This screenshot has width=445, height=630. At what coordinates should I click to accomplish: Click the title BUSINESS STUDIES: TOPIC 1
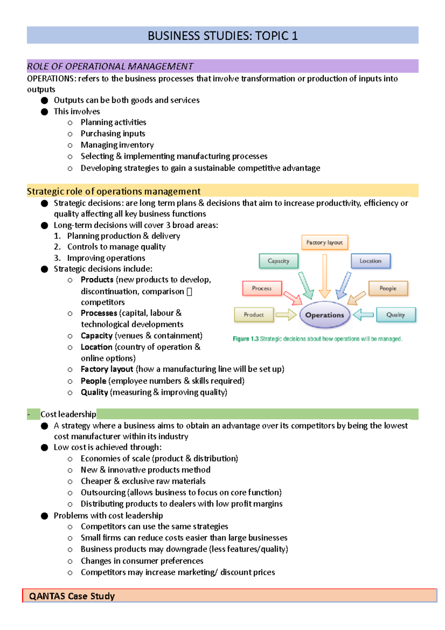[x=222, y=36]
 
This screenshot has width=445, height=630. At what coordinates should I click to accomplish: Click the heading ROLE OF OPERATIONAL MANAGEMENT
[x=110, y=66]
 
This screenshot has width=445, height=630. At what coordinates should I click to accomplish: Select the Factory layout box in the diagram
[x=324, y=242]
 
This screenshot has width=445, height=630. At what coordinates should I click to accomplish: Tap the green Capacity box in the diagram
[x=278, y=261]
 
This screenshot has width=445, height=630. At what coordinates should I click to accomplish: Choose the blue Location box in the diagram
[x=370, y=261]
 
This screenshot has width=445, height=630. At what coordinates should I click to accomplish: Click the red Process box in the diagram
[x=262, y=288]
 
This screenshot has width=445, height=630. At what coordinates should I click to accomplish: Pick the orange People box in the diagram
[x=388, y=288]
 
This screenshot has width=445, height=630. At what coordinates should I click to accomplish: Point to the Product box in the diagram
[x=254, y=315]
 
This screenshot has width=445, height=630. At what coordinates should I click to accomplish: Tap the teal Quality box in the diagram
[x=396, y=315]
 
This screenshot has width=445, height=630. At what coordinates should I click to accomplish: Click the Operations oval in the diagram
[x=324, y=315]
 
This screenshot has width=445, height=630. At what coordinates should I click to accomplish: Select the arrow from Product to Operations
[x=286, y=315]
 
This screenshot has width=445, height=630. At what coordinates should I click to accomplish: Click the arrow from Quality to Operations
[x=363, y=315]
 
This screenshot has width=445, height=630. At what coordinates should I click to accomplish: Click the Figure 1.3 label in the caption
[x=245, y=339]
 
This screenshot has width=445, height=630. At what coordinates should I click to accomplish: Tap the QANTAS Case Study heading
[x=72, y=596]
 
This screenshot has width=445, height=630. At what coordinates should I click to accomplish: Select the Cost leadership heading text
[x=68, y=414]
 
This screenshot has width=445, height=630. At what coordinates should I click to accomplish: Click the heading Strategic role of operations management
[x=113, y=191]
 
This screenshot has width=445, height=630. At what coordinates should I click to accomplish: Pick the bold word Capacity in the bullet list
[x=96, y=336]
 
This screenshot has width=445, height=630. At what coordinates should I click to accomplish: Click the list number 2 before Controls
[x=57, y=247]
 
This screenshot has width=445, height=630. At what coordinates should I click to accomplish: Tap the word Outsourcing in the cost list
[x=103, y=492]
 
